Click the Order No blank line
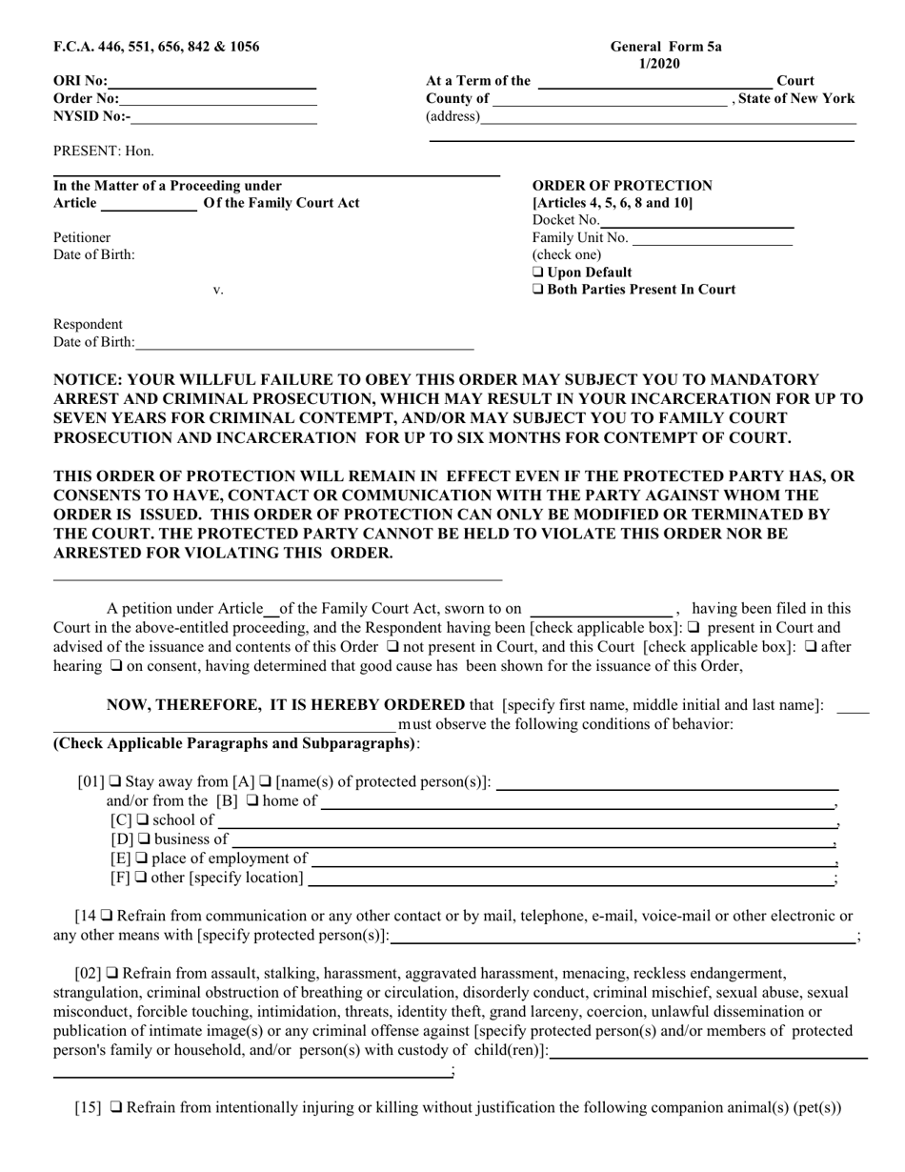point(218,99)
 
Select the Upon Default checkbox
point(538,273)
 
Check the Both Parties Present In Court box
point(538,290)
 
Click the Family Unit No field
point(712,238)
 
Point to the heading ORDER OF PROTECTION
point(621,186)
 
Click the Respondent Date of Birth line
point(304,343)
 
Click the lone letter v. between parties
point(218,291)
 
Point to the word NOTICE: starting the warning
point(88,379)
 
